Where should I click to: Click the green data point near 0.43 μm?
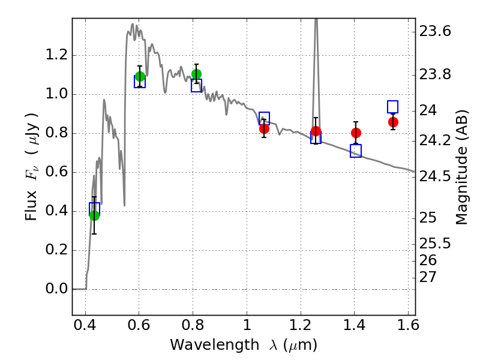click(95, 215)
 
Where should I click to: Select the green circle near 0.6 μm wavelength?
click(140, 76)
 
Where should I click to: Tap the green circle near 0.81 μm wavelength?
click(197, 74)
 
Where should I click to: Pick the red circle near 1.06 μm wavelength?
click(264, 128)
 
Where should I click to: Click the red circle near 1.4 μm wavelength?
click(356, 133)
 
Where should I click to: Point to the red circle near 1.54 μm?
click(394, 122)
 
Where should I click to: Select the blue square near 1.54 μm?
click(393, 107)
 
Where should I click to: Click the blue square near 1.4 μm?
click(356, 151)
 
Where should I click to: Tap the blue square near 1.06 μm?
click(265, 118)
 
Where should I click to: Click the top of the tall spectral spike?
click(316, 19)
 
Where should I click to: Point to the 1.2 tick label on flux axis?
click(56, 55)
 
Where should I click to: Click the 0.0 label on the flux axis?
click(56, 289)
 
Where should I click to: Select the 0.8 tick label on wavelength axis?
click(193, 325)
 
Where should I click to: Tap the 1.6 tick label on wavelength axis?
click(408, 325)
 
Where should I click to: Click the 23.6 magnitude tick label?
click(435, 31)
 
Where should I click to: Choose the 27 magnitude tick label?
click(428, 277)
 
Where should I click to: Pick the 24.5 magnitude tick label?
click(435, 176)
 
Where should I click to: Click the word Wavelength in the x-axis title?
click(215, 345)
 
